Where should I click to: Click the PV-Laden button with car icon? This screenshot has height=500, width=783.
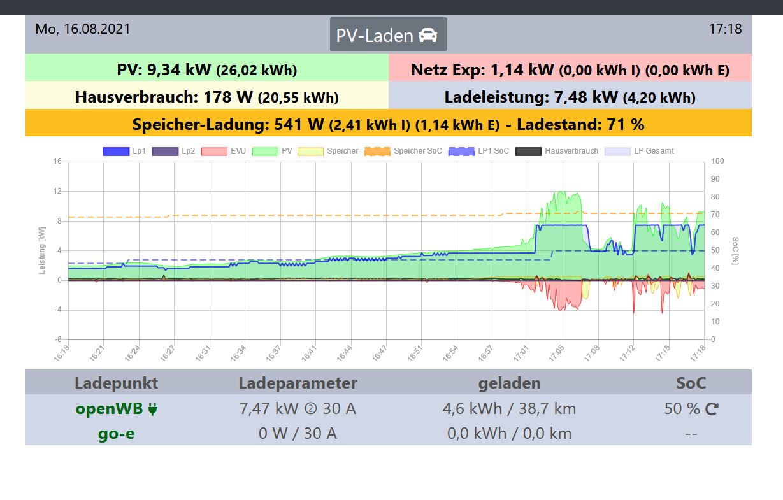(x=388, y=34)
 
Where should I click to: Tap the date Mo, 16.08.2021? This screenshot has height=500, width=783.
(x=83, y=29)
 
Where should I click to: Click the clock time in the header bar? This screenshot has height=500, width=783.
(x=725, y=29)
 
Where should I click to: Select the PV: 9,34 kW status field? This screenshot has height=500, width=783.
(x=206, y=69)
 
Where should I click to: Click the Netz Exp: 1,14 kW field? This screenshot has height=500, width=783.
(x=570, y=69)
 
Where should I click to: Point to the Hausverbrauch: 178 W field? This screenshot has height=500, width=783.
(x=206, y=97)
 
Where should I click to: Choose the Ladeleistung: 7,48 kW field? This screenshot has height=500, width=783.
(x=570, y=97)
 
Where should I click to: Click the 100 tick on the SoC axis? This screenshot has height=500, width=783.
(x=717, y=161)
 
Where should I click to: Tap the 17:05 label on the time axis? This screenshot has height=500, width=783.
(x=557, y=354)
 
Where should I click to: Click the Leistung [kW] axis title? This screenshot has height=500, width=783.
(x=43, y=250)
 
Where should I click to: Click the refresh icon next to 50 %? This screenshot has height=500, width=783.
(x=712, y=410)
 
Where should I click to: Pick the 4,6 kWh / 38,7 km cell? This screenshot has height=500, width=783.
(x=509, y=409)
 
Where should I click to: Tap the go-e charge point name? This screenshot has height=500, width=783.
(x=116, y=434)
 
